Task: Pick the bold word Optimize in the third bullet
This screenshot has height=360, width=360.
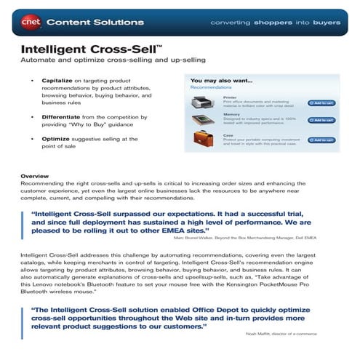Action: tap(53, 138)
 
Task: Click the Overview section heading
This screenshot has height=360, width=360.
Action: tap(34, 177)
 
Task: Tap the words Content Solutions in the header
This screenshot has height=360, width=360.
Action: tap(81, 22)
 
